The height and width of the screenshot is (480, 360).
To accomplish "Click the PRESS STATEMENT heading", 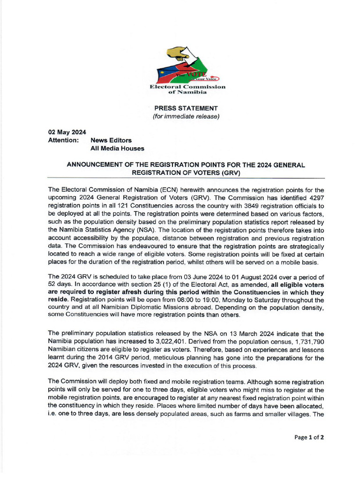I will point(186,108).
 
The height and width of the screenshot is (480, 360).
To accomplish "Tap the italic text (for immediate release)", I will point(186,116).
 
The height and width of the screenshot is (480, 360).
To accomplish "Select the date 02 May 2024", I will point(64,132).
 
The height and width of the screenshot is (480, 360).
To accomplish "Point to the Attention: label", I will point(63,140).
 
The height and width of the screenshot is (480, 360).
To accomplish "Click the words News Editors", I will point(111,140).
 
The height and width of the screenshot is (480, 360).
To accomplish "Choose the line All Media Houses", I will point(117,148).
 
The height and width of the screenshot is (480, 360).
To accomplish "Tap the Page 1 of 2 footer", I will point(309,437).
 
